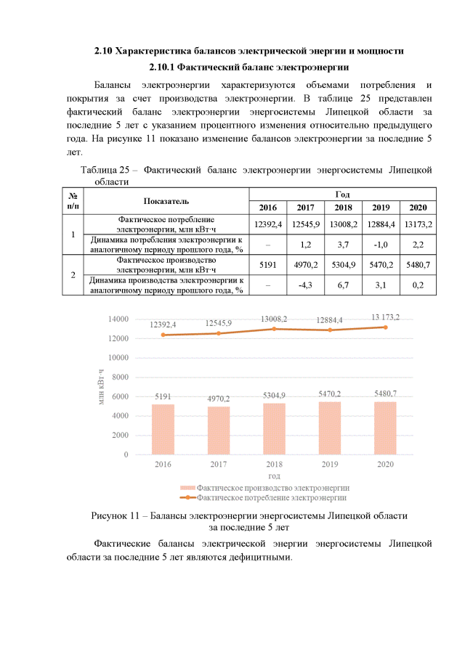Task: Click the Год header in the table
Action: [x=342, y=194]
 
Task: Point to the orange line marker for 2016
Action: [x=163, y=335]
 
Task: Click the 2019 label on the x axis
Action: [x=330, y=464]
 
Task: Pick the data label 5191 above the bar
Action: [x=163, y=396]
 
